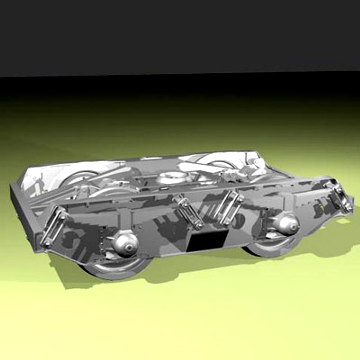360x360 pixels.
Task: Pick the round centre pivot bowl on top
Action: (172, 177)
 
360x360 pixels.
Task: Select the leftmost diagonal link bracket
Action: (53, 227)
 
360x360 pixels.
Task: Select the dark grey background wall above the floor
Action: (180, 33)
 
